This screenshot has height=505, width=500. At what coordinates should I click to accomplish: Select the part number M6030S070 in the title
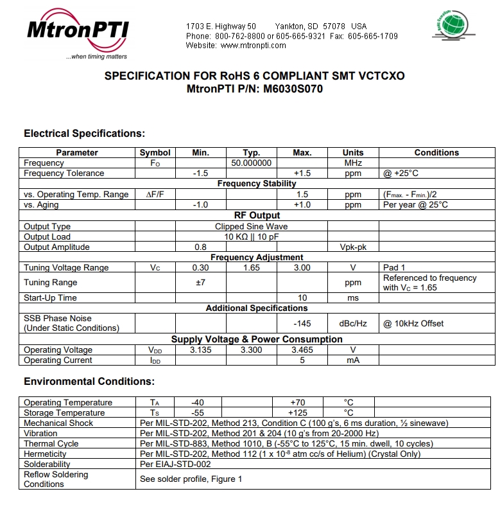point(293,89)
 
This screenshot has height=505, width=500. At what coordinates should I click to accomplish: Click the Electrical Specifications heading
point(84,134)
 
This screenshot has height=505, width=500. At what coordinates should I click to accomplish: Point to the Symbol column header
point(155,153)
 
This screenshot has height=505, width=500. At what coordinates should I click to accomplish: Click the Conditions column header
point(436,153)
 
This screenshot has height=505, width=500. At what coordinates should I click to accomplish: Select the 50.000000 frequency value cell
point(251,163)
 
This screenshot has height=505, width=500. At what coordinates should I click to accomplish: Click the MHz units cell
point(352,163)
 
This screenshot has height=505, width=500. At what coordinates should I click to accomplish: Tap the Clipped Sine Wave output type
point(251,227)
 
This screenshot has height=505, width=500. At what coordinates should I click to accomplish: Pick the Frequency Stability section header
point(257,184)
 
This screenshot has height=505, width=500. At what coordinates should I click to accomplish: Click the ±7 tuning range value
point(200,283)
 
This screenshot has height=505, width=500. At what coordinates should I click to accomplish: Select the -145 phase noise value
point(302,323)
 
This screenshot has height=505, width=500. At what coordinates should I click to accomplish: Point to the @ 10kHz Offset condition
point(413,323)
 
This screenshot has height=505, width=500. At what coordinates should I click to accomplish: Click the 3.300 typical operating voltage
point(251,350)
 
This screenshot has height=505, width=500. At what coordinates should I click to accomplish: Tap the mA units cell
point(352,360)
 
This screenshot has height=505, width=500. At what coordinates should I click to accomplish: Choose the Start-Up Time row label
point(50,298)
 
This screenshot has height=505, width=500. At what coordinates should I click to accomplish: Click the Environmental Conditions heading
point(89,382)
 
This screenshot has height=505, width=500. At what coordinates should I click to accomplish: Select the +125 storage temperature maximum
point(299,413)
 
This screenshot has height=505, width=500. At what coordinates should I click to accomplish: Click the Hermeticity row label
point(45,454)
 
